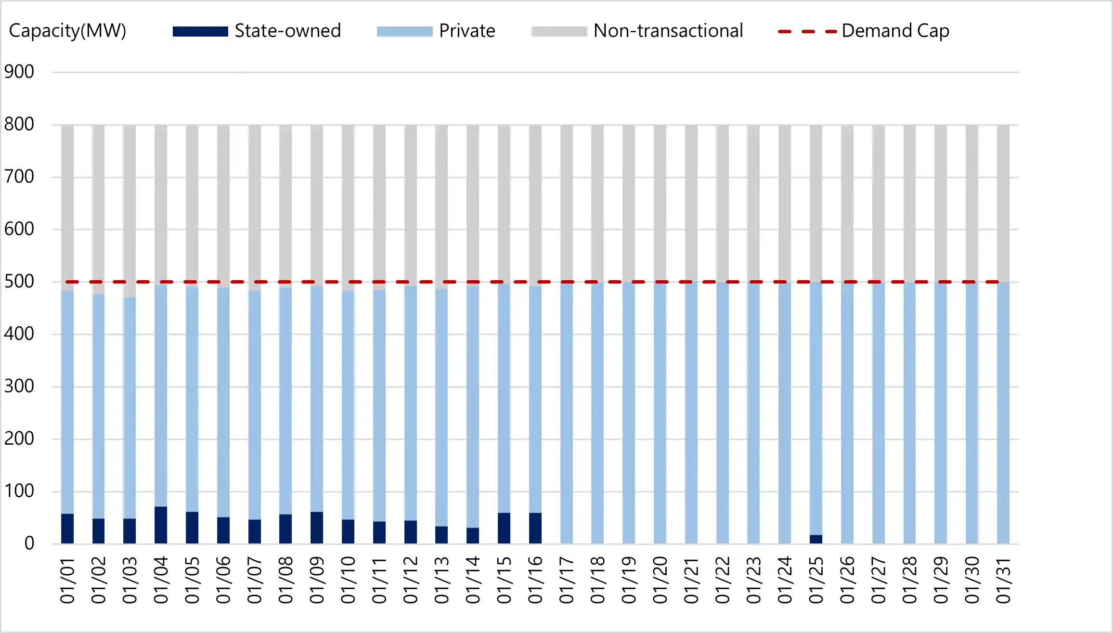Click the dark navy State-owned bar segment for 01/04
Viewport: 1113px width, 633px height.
161,525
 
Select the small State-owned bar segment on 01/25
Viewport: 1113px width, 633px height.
816,539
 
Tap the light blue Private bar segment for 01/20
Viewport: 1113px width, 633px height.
660,414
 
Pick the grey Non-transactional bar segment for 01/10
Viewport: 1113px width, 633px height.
348,207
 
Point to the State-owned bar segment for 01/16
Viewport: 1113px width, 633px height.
535,528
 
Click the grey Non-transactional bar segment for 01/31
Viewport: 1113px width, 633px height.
1003,202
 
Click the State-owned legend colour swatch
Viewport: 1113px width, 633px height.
200,32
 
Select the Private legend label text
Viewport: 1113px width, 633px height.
467,31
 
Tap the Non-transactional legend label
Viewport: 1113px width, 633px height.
668,31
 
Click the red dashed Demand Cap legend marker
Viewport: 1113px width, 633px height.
808,32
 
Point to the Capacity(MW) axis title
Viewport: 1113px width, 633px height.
67,31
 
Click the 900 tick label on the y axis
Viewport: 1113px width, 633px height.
19,72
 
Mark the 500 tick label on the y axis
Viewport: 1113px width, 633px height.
19,282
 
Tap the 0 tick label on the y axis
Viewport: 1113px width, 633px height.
29,543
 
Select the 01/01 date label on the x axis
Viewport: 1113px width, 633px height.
67,580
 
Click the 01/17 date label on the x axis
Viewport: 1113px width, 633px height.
567,580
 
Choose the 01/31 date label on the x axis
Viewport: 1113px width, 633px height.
1003,580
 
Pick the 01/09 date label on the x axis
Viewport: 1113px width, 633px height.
317,580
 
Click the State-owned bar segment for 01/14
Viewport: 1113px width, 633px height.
473,536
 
